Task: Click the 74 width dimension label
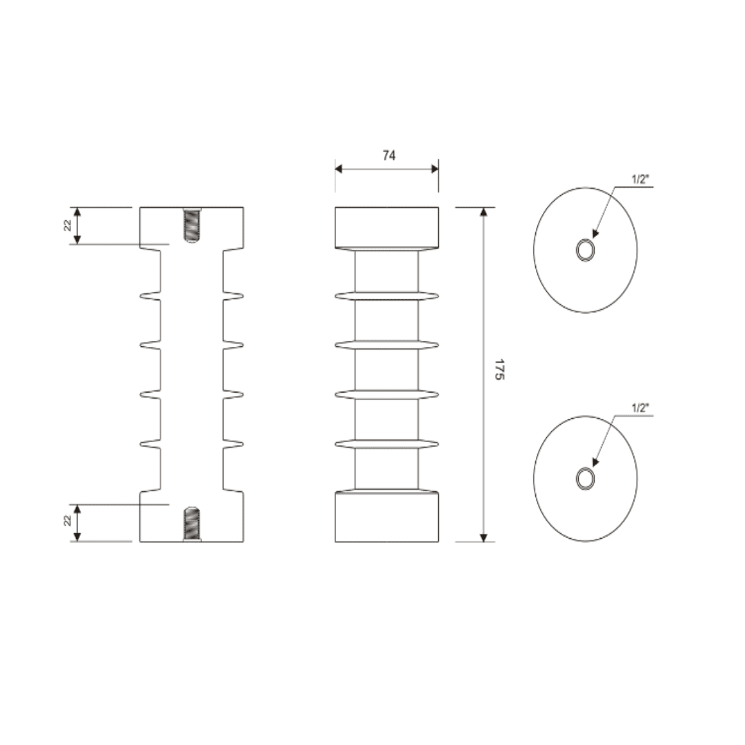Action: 389,156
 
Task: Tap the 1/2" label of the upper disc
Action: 641,179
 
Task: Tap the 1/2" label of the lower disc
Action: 641,407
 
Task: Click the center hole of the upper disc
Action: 585,250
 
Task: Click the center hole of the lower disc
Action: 585,478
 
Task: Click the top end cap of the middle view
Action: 386,227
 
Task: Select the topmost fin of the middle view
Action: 386,296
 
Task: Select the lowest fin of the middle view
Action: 386,444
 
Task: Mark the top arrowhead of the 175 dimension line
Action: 484,212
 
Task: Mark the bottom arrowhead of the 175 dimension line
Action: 484,537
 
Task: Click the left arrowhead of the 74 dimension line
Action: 339,168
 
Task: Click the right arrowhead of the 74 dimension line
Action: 434,168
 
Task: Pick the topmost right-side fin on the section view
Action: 233,297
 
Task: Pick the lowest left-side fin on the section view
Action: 150,444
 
